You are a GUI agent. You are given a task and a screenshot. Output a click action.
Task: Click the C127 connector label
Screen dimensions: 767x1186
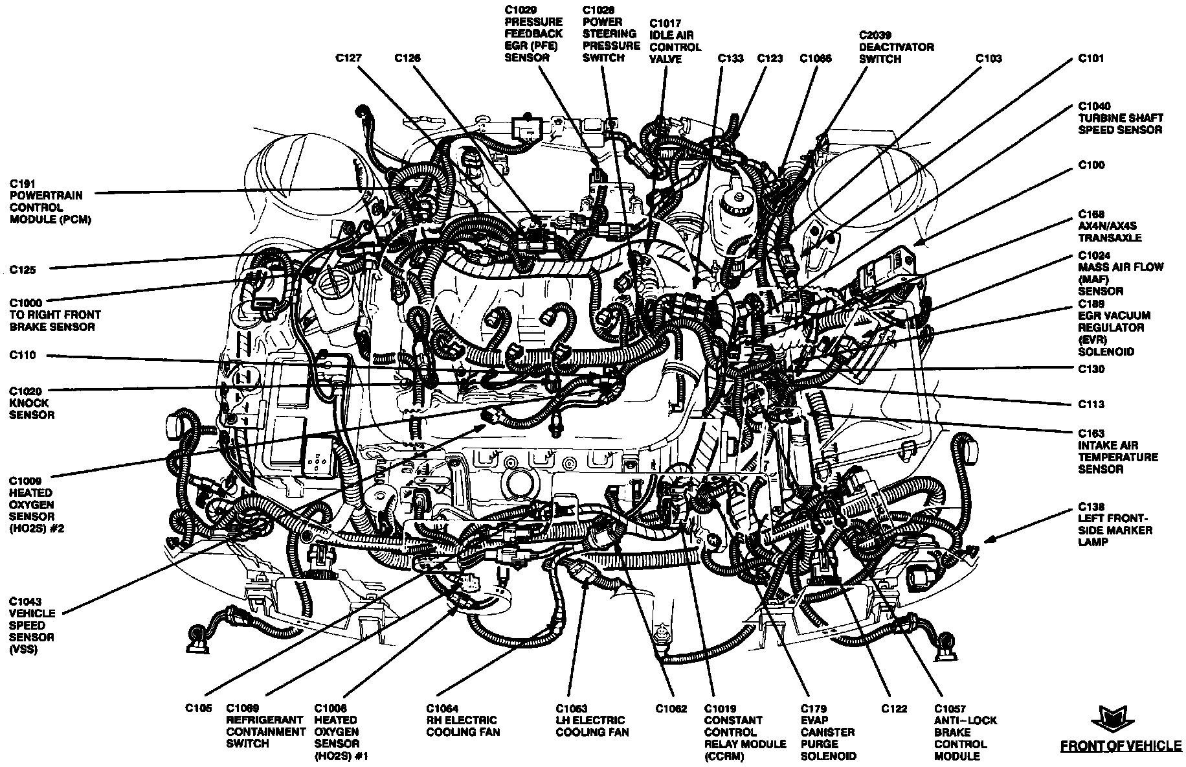pyautogui.click(x=348, y=58)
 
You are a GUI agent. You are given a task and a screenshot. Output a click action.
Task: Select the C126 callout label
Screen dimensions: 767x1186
pyautogui.click(x=407, y=58)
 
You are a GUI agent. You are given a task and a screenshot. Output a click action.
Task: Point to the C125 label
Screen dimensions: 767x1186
pyautogui.click(x=23, y=270)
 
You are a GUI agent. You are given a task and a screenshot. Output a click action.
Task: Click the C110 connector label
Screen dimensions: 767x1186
pyautogui.click(x=23, y=356)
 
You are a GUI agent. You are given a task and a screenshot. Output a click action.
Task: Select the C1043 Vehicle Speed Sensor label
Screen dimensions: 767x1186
pyautogui.click(x=32, y=625)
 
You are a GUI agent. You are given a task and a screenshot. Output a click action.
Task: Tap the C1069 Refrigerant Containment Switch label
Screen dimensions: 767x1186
pyautogui.click(x=265, y=726)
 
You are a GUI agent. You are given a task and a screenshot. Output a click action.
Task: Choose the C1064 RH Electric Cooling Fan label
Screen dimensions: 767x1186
pyautogui.click(x=462, y=720)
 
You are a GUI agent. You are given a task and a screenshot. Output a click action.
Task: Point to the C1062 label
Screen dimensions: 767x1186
pyautogui.click(x=671, y=709)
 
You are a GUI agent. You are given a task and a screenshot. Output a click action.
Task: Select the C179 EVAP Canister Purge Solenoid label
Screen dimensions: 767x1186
pyautogui.click(x=828, y=732)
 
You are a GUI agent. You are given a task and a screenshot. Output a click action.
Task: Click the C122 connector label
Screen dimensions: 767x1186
pyautogui.click(x=893, y=709)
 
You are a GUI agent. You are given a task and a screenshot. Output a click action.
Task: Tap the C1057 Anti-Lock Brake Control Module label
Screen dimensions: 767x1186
pyautogui.click(x=965, y=732)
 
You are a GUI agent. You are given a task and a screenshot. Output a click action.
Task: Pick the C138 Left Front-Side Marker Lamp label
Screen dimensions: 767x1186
pyautogui.click(x=1115, y=525)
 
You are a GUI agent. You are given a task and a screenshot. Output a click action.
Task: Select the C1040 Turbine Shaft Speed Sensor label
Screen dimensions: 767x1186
pyautogui.click(x=1120, y=118)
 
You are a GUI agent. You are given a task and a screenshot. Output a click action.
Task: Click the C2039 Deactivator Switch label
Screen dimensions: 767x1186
pyautogui.click(x=896, y=52)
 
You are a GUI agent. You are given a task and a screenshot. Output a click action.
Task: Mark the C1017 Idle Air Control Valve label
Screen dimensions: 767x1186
pyautogui.click(x=675, y=41)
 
